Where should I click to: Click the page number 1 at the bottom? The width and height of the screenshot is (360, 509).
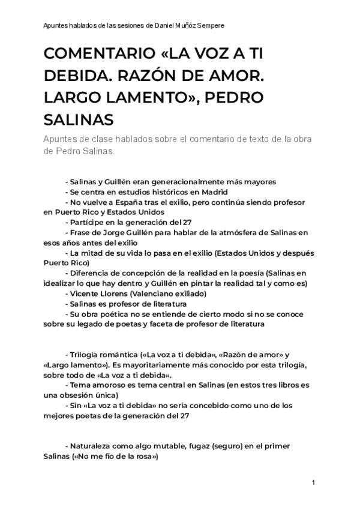coord(314,483)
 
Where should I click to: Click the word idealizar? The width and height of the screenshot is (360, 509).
coord(64,283)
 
